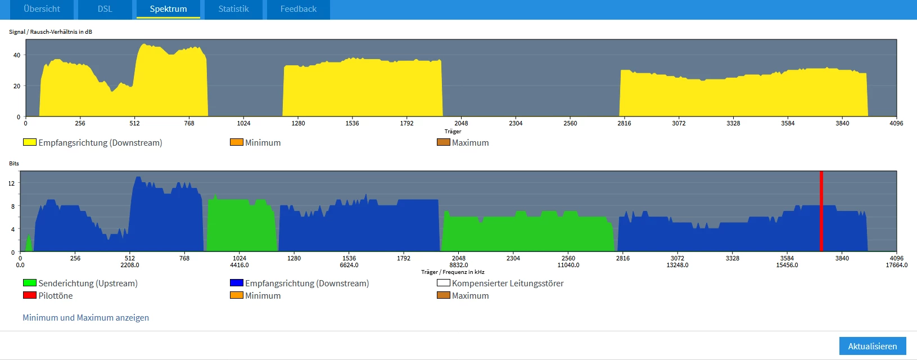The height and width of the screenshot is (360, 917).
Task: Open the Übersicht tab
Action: click(x=42, y=9)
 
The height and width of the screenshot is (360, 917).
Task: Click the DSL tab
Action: click(x=105, y=9)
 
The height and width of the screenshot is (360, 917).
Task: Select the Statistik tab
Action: click(x=233, y=9)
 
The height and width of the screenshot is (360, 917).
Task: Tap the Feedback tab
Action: click(x=298, y=9)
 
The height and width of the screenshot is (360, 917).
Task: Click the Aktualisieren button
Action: click(x=872, y=346)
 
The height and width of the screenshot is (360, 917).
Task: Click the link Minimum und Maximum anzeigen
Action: click(x=85, y=318)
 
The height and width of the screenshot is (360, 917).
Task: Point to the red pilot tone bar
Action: click(x=821, y=211)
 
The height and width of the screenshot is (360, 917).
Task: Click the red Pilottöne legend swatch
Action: click(x=30, y=295)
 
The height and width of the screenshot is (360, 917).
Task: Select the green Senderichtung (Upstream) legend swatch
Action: click(x=30, y=283)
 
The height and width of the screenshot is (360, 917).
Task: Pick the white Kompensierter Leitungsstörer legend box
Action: click(x=444, y=283)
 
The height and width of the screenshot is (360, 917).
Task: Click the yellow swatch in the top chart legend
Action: click(x=30, y=142)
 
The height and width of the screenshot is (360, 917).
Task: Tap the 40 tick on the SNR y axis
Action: click(x=17, y=55)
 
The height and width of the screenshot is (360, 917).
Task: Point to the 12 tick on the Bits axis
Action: click(x=12, y=183)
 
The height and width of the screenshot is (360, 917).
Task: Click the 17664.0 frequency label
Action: click(x=896, y=265)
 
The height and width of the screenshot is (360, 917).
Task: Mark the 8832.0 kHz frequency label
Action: click(x=459, y=265)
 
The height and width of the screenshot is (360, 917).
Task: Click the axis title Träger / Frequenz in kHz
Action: click(x=453, y=272)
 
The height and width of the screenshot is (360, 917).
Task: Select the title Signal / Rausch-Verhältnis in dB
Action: click(x=51, y=32)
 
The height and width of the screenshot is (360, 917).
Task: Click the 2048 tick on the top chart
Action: click(x=461, y=123)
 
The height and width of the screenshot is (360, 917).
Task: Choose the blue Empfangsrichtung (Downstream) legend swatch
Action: click(x=237, y=283)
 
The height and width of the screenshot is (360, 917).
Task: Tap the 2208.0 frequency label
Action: click(x=130, y=265)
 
